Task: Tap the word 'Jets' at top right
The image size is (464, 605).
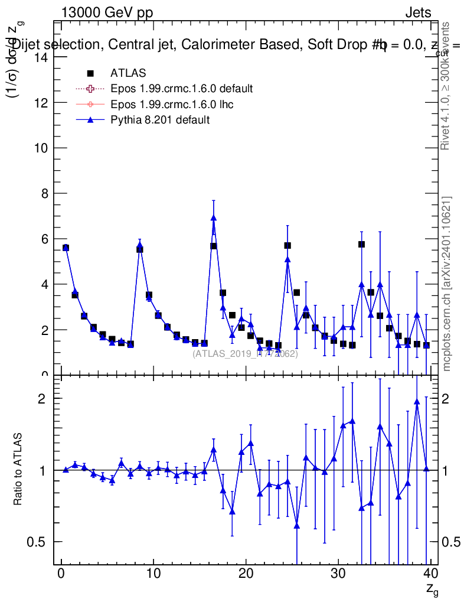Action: click(x=418, y=13)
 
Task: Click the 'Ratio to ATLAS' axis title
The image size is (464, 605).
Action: click(x=19, y=469)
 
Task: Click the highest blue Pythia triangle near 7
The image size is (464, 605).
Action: click(x=213, y=217)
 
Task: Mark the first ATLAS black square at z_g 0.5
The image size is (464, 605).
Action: click(x=66, y=248)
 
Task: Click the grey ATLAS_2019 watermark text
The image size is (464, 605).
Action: click(x=245, y=354)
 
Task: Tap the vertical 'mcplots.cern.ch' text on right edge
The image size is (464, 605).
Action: click(x=447, y=284)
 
